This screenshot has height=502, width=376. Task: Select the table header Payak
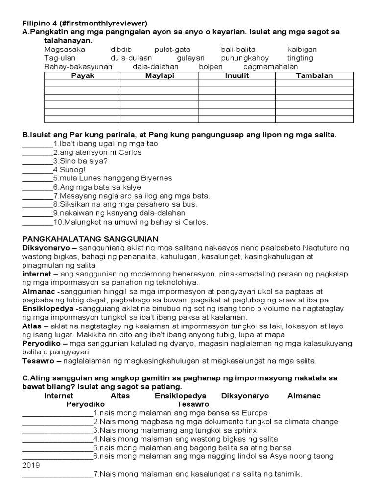point(83,75)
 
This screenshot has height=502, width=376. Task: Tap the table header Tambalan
point(314,75)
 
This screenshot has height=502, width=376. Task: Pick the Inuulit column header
point(237,75)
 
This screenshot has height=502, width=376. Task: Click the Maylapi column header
point(160,75)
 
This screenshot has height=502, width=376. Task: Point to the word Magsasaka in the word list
point(64,50)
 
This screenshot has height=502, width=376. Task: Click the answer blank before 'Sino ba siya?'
point(37,161)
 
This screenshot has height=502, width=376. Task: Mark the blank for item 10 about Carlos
point(37,222)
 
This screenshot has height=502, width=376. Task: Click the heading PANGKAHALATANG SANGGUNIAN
point(88,238)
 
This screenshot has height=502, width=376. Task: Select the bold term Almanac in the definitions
point(38,291)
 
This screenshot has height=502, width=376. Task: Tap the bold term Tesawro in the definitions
point(39,361)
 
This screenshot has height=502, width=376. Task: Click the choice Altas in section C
point(120,395)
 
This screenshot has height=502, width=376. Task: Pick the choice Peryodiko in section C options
point(86,404)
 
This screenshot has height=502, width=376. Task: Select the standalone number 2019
point(31,465)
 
